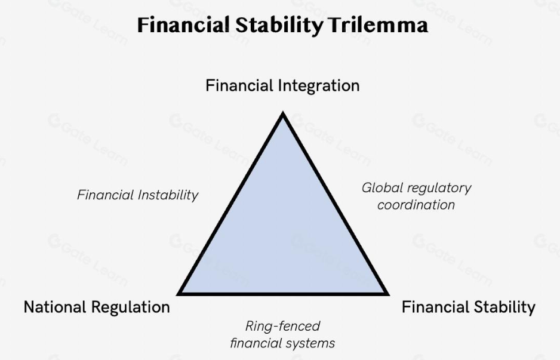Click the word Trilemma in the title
pos(378,25)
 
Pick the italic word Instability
pos(168,195)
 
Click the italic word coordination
pos(416,205)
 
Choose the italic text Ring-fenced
pos(282,326)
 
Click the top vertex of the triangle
pos(283,112)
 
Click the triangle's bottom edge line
pos(283,294)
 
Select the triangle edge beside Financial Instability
pos(230,203)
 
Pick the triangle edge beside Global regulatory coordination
pos(336,203)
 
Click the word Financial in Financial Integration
pos(239,86)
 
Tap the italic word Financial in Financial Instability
pos(105,195)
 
